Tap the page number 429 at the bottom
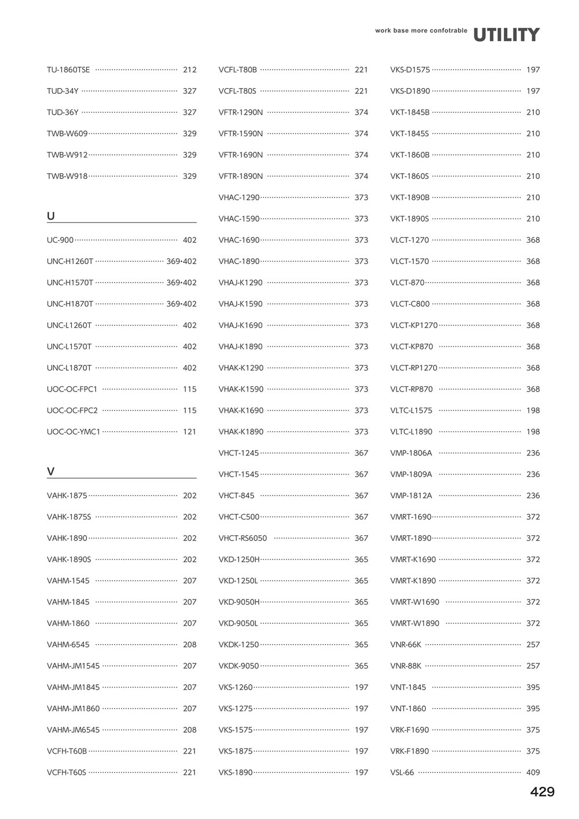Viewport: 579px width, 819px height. coord(542,792)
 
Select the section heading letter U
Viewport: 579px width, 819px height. coord(51,216)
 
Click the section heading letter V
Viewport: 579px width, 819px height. coord(51,471)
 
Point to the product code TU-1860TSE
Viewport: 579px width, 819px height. coord(68,70)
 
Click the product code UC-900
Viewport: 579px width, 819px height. coord(60,240)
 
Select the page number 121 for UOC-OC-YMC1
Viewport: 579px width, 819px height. coord(189,432)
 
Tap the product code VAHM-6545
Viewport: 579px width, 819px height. coord(68,644)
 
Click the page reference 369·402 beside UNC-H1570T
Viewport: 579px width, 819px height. coord(181,283)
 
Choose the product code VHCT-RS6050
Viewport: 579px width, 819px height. coord(243,538)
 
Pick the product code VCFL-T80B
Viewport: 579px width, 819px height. coord(237,70)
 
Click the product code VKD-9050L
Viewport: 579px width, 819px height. coord(238,623)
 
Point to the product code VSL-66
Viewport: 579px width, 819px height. coord(402,772)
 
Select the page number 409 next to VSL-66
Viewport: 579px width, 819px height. coord(533,772)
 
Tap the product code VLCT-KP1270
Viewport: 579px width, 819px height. coord(413,325)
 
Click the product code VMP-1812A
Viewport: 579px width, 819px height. coord(411,495)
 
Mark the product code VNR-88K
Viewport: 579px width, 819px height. coord(405,666)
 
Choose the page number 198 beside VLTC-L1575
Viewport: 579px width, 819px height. coord(533,410)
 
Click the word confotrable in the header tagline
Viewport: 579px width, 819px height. coord(448,31)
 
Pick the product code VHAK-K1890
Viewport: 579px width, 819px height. coord(241,432)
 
